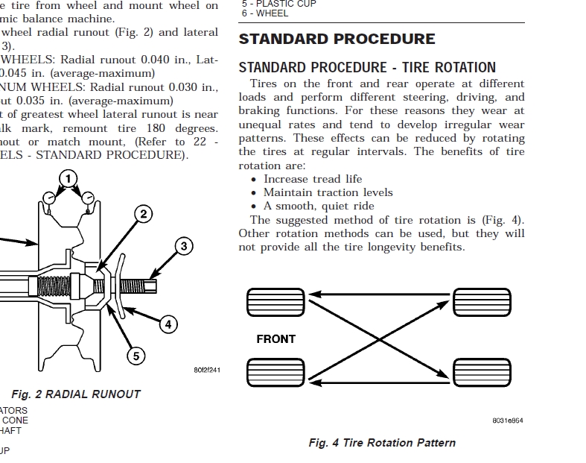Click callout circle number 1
click(x=68, y=178)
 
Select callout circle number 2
click(x=142, y=215)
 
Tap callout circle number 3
click(x=184, y=246)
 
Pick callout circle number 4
click(x=169, y=324)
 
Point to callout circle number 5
click(x=136, y=356)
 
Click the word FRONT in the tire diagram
click(x=276, y=339)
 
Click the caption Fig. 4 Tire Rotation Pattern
click(x=382, y=443)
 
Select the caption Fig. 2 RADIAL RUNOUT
click(x=76, y=394)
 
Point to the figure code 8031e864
click(x=507, y=421)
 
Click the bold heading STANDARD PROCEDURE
click(x=337, y=39)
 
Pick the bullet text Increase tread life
click(x=313, y=179)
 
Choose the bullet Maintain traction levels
click(x=328, y=192)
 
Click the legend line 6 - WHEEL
click(x=265, y=13)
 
